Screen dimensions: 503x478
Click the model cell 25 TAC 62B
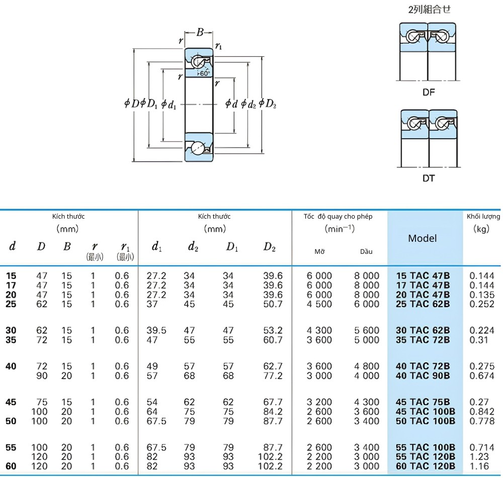(423, 304)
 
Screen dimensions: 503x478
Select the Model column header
(422, 238)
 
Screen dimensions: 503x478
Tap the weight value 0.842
(482, 412)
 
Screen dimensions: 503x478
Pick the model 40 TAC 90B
(423, 376)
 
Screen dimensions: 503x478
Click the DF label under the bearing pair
(429, 92)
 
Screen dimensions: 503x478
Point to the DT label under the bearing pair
(429, 178)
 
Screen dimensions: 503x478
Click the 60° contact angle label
(204, 73)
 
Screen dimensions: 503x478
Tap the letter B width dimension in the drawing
(200, 32)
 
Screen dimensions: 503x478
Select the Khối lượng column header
(483, 217)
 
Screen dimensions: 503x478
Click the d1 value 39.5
(156, 331)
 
